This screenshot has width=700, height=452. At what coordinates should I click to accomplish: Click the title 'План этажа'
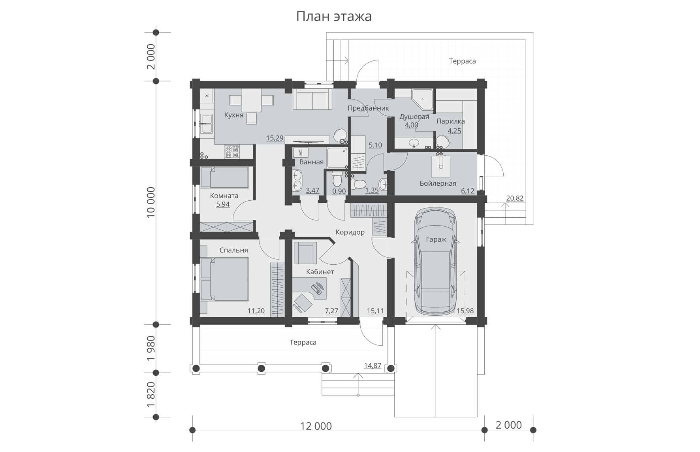(334, 17)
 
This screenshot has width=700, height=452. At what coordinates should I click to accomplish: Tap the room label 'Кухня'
(234, 115)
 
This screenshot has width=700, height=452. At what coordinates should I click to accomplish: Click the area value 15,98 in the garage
(465, 311)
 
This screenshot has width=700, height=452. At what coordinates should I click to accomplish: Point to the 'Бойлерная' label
(438, 184)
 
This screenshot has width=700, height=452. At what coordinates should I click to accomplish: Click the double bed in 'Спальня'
(224, 279)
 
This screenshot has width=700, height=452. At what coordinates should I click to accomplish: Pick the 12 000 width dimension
(316, 426)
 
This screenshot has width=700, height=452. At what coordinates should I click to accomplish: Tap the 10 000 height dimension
(151, 203)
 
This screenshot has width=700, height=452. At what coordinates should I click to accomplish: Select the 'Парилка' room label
(450, 121)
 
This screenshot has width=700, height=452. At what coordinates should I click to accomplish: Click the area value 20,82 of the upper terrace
(515, 198)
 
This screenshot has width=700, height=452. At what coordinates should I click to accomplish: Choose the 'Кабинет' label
(320, 272)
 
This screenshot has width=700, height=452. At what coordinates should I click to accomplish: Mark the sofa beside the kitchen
(312, 99)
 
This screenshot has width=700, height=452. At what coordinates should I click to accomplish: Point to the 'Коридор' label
(350, 232)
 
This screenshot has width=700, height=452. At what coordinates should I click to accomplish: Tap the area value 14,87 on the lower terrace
(373, 366)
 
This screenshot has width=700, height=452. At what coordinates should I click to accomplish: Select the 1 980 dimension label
(151, 348)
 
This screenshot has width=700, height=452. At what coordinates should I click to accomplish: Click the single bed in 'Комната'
(224, 177)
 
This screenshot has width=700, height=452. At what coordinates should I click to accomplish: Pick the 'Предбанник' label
(368, 108)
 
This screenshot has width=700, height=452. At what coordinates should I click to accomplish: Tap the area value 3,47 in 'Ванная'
(312, 191)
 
